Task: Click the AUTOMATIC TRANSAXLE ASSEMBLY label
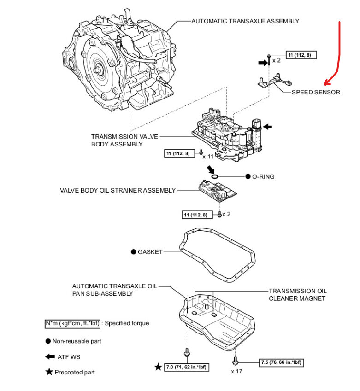coord(245,21)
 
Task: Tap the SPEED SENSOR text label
coord(316,92)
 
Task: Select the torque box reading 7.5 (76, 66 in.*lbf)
coord(282,362)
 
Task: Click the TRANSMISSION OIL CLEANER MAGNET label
coord(298,295)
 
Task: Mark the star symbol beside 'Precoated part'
coord(48,372)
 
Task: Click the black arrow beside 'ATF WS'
coord(49,356)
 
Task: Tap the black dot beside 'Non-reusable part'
coord(48,341)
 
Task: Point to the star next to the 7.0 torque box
coord(159,367)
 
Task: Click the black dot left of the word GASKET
coord(133,252)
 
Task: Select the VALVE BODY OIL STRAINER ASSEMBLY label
coord(118,190)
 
